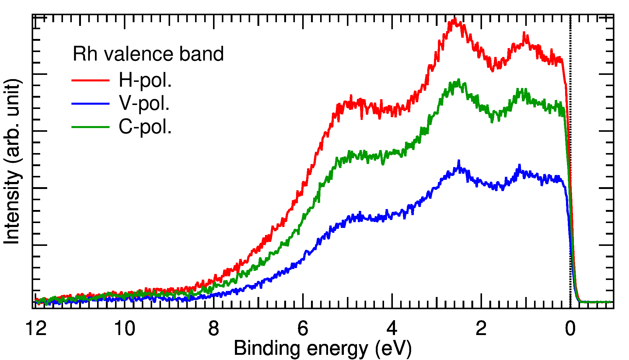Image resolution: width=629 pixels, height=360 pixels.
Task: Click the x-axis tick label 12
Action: point(36,329)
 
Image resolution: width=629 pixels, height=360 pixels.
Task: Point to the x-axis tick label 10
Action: point(125,329)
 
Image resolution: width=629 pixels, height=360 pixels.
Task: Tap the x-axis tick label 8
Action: point(214,329)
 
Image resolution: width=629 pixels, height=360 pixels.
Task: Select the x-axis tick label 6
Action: point(303,329)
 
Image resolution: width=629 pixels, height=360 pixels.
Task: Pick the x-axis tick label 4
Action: point(392,329)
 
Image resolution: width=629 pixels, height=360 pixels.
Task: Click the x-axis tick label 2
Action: point(481,329)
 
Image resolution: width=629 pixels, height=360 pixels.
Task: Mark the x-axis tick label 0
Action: point(570,329)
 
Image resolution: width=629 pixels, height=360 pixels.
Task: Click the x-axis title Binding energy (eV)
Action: point(323,348)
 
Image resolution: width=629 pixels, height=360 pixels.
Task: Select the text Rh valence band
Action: point(148,54)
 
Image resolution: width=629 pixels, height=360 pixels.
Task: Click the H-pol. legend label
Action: point(145,80)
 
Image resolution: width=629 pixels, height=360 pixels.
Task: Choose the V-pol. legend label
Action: point(144,103)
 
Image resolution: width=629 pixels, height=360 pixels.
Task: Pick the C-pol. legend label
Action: point(145,127)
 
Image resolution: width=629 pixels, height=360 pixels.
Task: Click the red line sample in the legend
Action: point(90,80)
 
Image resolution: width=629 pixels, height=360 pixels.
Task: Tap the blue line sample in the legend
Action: point(90,104)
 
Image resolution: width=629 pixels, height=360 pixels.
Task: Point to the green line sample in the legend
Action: point(90,127)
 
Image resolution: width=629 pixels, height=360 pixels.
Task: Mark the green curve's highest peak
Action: point(458,80)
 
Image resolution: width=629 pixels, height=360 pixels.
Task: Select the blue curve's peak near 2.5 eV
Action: point(459,161)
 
